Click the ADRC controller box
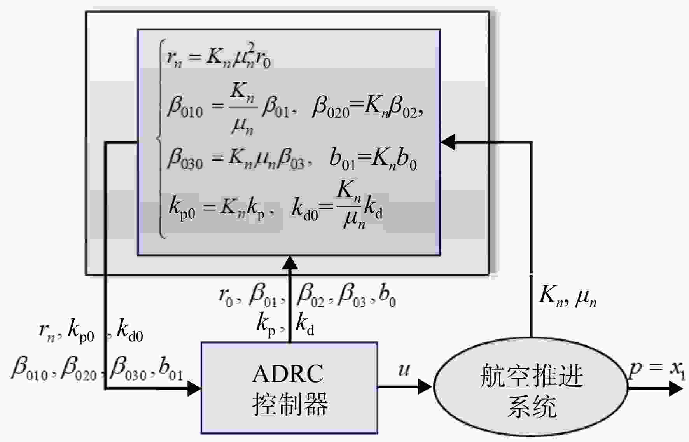(289, 388)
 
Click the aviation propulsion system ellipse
(530, 387)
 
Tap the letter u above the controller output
(404, 369)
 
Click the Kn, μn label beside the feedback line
(567, 297)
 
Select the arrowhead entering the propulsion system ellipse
(425, 387)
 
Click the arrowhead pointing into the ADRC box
(194, 388)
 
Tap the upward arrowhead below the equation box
(289, 263)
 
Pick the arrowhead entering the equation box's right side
(448, 142)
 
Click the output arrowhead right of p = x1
(676, 388)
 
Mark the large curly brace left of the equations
(160, 139)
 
